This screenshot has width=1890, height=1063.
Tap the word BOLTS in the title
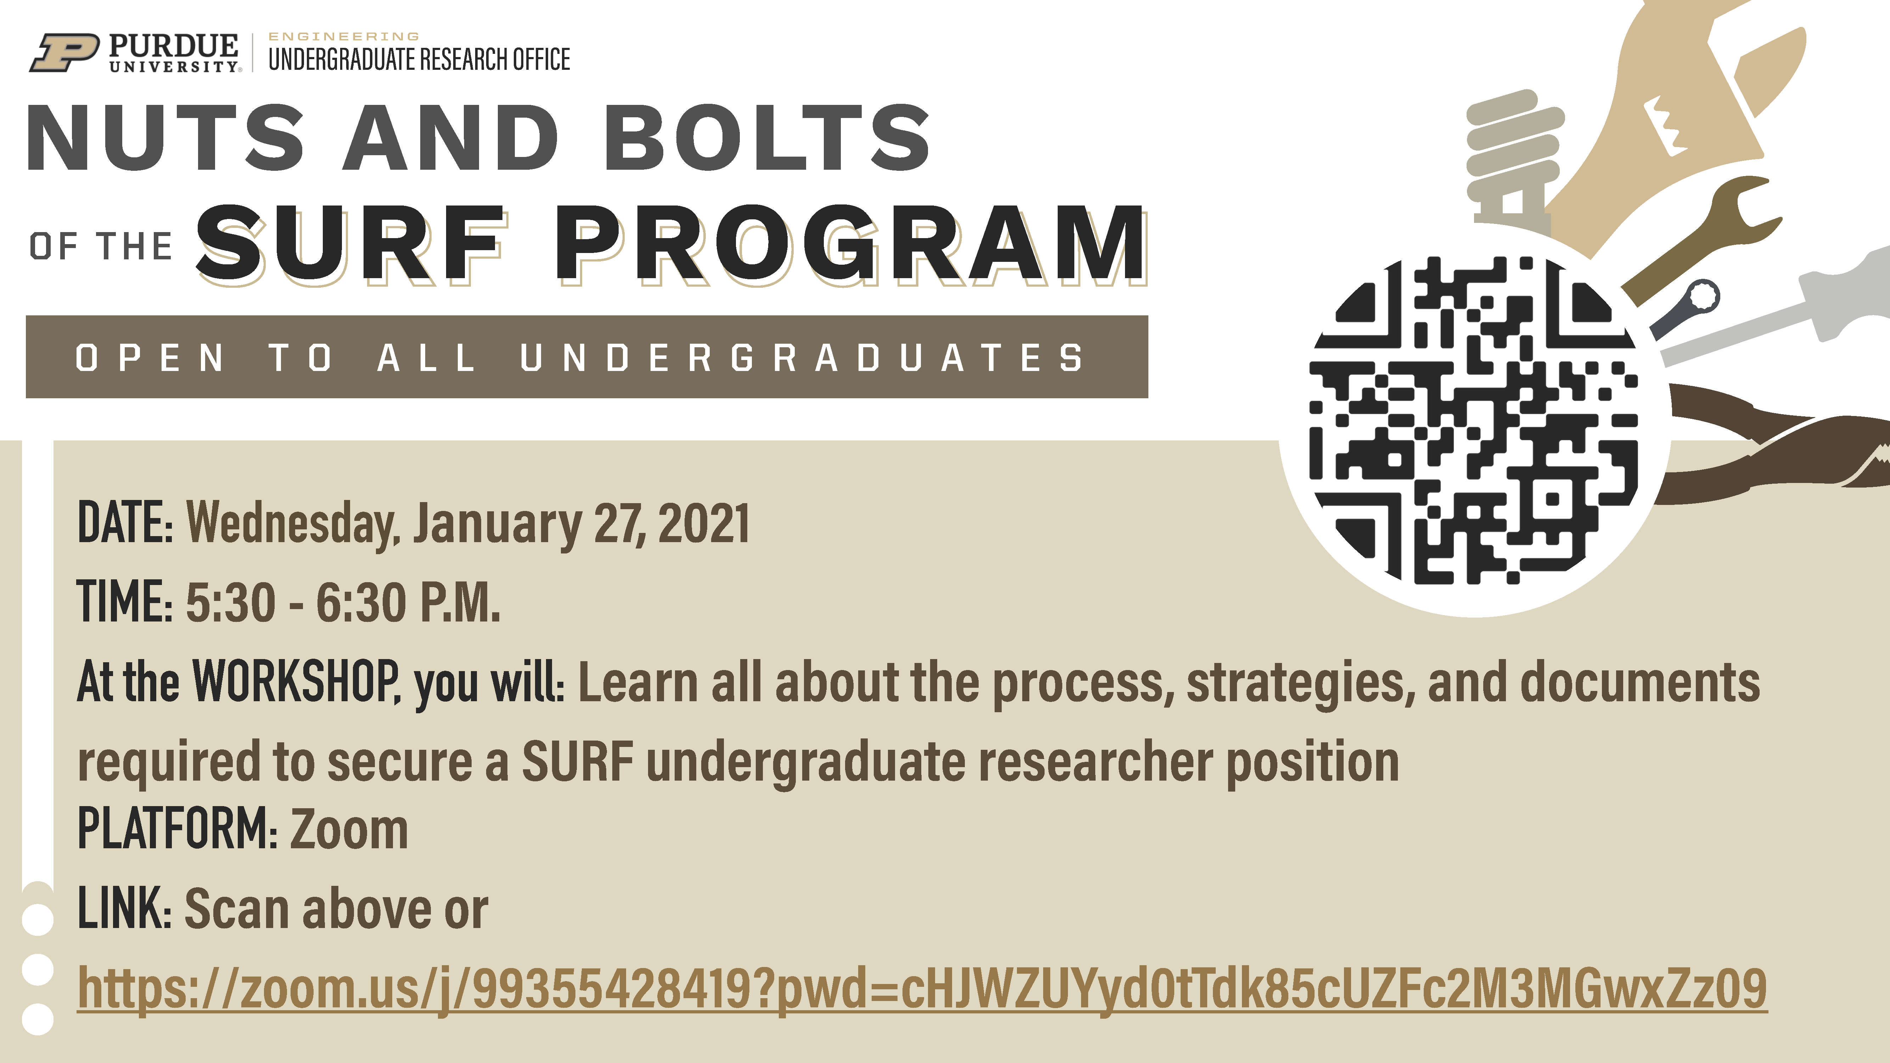[767, 138]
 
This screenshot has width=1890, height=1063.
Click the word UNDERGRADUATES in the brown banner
[802, 358]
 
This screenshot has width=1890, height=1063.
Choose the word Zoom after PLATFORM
[349, 829]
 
